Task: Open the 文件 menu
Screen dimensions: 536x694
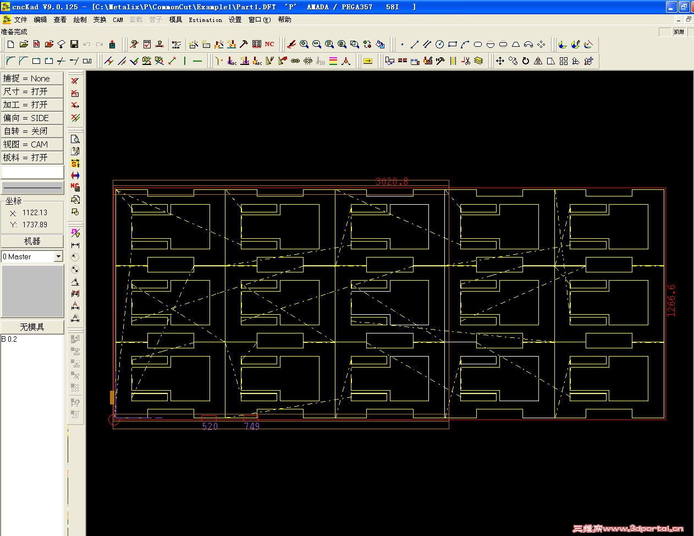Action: (x=20, y=20)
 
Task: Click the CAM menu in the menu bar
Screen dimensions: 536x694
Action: (x=118, y=20)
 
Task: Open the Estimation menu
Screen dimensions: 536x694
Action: (x=205, y=20)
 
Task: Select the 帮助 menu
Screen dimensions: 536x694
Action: (x=284, y=20)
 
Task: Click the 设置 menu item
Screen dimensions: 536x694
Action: (x=235, y=20)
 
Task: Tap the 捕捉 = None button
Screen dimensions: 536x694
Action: (x=32, y=79)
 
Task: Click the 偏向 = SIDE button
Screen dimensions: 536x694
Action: (x=32, y=118)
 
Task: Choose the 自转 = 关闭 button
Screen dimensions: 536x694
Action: (x=32, y=132)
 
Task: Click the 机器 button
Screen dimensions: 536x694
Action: (x=32, y=241)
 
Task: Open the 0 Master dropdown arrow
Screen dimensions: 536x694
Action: (x=58, y=257)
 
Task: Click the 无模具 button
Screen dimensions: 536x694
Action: (x=32, y=327)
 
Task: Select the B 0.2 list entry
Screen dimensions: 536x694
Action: (x=9, y=339)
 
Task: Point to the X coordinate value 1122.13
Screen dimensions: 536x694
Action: (x=35, y=212)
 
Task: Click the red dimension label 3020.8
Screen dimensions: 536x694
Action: (x=392, y=181)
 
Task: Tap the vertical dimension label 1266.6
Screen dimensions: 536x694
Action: (x=671, y=300)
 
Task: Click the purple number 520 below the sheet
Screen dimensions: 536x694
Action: (x=210, y=426)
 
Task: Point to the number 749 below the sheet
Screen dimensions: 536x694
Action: (x=252, y=426)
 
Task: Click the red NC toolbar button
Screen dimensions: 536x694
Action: (x=269, y=45)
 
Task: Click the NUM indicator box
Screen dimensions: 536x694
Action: (x=679, y=32)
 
